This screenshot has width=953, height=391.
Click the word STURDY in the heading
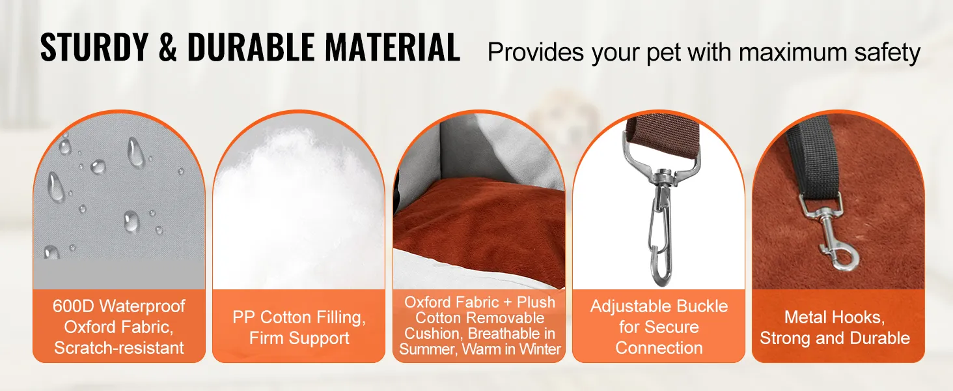pyautogui.click(x=94, y=47)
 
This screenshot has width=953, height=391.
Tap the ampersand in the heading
pyautogui.click(x=168, y=47)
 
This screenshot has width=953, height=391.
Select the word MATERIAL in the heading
pyautogui.click(x=393, y=47)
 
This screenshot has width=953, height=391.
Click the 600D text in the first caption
pyautogui.click(x=73, y=306)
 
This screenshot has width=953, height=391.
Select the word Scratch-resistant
pyautogui.click(x=119, y=348)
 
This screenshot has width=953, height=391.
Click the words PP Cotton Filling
pyautogui.click(x=299, y=318)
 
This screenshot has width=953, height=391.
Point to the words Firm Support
pyautogui.click(x=299, y=338)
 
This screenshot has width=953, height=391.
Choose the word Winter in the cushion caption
pyautogui.click(x=540, y=349)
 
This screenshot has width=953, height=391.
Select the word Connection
pyautogui.click(x=659, y=348)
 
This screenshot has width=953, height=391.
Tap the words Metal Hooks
pyautogui.click(x=835, y=317)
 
